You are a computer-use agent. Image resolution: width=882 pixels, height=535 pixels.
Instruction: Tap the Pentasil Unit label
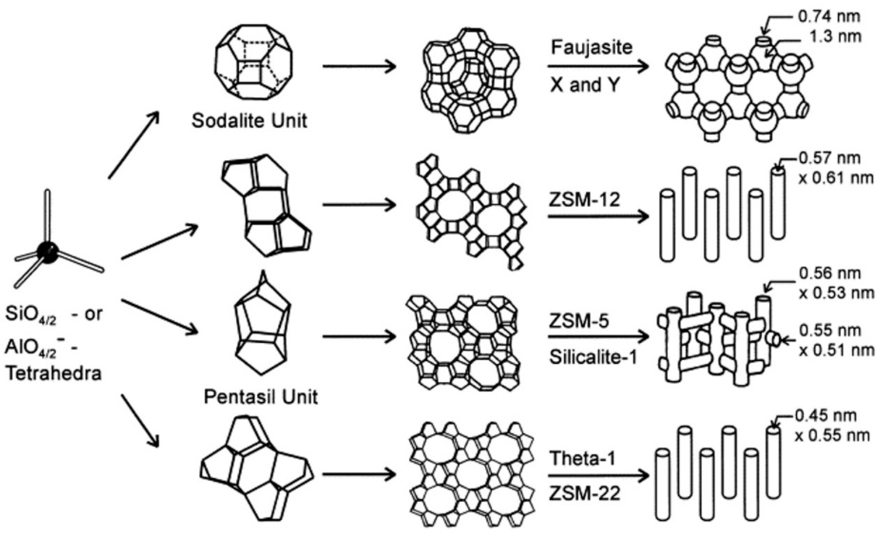[260, 397]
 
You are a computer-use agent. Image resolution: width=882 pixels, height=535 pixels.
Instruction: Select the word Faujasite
[591, 47]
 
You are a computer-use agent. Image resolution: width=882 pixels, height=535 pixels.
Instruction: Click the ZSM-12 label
[584, 199]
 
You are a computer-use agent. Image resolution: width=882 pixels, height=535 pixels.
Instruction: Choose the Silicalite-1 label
[593, 357]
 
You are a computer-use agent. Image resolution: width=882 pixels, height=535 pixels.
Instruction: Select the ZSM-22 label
[584, 494]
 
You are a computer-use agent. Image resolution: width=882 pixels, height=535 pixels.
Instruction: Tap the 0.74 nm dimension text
[829, 16]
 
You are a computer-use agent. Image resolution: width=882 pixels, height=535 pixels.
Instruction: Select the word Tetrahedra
[54, 374]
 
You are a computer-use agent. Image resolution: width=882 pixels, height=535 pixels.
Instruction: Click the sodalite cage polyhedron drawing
[253, 62]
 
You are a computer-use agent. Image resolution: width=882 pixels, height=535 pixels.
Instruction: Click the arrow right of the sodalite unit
[359, 67]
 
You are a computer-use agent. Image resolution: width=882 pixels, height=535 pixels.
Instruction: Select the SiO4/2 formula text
[31, 315]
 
